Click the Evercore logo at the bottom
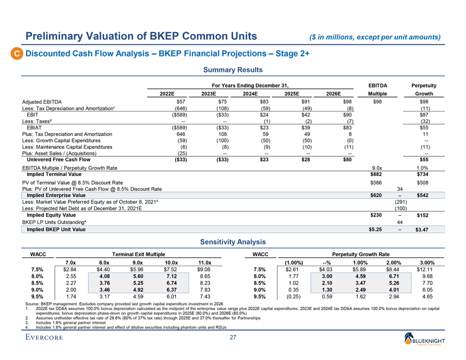(48, 338)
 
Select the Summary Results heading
(232, 70)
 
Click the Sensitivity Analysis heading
(232, 242)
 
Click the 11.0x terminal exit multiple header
(205, 262)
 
